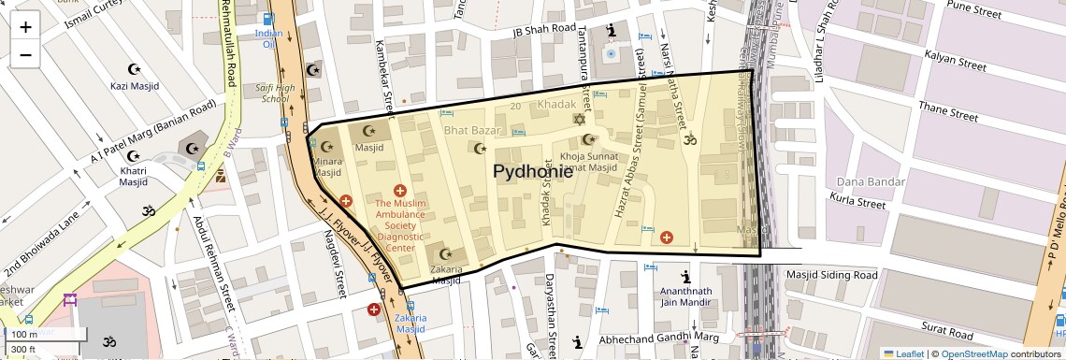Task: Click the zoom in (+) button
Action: pyautogui.click(x=25, y=27)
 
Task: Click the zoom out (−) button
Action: pyautogui.click(x=25, y=55)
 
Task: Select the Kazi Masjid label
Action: pyautogui.click(x=136, y=86)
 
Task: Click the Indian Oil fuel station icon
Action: pyautogui.click(x=269, y=19)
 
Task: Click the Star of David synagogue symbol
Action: pyautogui.click(x=578, y=120)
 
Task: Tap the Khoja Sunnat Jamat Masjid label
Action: pyautogui.click(x=588, y=162)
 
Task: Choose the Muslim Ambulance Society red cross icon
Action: pyautogui.click(x=400, y=190)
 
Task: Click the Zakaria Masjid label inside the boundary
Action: pyautogui.click(x=446, y=275)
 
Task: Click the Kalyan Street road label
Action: pyautogui.click(x=954, y=67)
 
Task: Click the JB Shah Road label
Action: pyautogui.click(x=544, y=29)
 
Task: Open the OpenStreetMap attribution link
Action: pyautogui.click(x=974, y=353)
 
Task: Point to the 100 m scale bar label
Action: pyautogui.click(x=24, y=334)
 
